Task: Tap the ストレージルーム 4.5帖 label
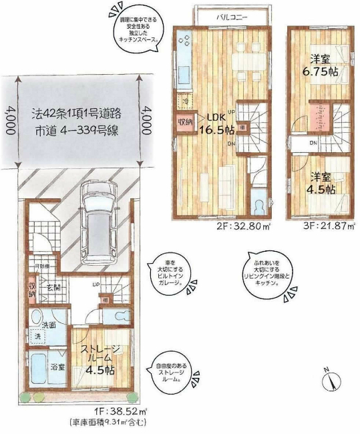98,359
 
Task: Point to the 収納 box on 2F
185,123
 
